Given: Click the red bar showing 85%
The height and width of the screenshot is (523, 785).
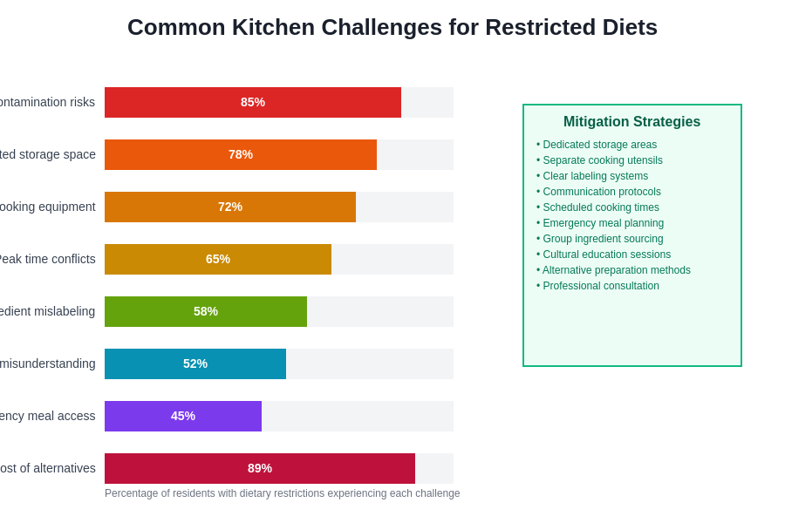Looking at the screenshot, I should [x=253, y=102].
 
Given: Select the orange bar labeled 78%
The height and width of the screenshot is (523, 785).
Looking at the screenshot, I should [x=241, y=154].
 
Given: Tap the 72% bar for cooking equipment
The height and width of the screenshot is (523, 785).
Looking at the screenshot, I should [x=230, y=207].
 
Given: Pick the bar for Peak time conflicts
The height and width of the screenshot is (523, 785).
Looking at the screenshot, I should [x=218, y=259].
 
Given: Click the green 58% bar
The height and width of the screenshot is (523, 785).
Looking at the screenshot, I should [x=206, y=311].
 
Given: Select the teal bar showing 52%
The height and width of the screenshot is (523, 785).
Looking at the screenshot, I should [x=195, y=363].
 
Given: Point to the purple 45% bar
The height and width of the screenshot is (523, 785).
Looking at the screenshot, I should [x=183, y=416].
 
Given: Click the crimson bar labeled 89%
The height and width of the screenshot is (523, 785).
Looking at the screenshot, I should [x=260, y=468].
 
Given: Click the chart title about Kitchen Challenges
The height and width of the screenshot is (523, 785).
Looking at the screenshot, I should [x=392, y=27].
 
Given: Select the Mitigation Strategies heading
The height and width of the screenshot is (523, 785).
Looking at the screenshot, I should [x=631, y=122].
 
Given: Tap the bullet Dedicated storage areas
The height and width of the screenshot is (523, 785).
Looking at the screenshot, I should [x=597, y=145].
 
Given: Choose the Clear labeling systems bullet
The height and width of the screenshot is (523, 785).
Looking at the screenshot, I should [x=592, y=176].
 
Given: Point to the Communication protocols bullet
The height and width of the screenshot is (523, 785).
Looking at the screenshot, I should [x=598, y=192].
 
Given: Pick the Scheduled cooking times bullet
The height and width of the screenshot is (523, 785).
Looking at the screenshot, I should [x=597, y=207].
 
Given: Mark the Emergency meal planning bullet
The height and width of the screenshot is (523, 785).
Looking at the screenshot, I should [x=600, y=223].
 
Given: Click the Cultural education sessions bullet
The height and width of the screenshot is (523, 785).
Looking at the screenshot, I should [x=604, y=255].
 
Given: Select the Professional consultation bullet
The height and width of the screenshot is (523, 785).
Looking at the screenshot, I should [x=597, y=286].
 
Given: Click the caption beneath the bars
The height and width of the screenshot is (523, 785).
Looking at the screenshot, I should [x=282, y=493].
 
